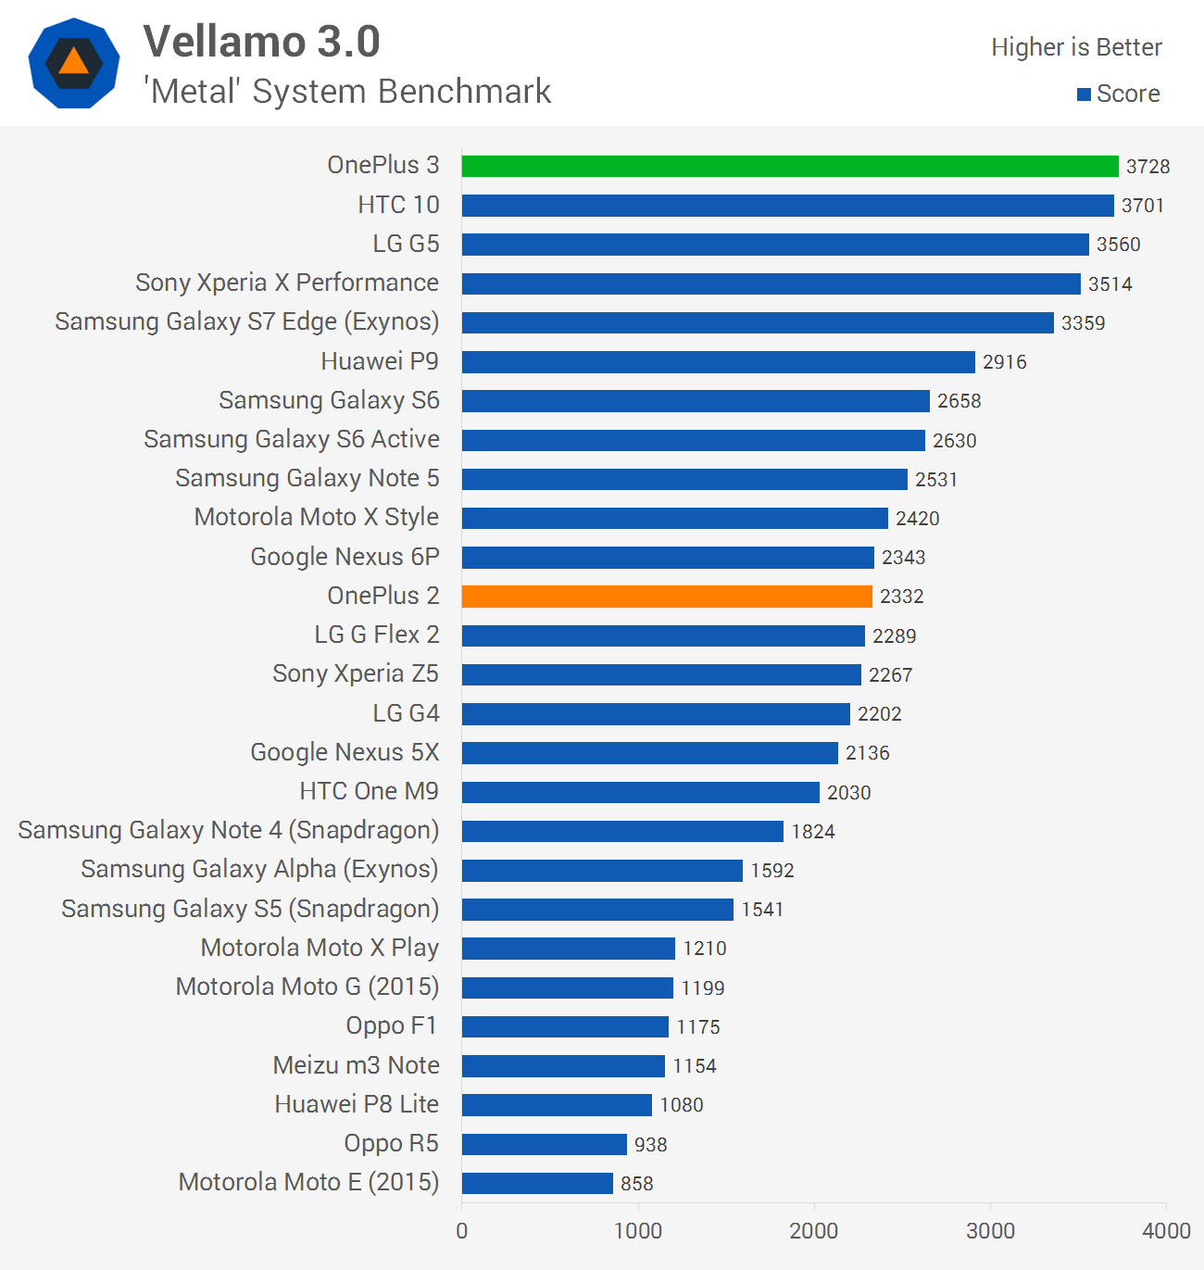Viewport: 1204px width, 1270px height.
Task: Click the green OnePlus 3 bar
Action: tap(790, 167)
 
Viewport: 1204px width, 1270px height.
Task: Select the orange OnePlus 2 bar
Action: tap(667, 597)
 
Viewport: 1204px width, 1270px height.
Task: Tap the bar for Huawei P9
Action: tap(719, 362)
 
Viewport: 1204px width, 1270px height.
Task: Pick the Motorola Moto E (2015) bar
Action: tap(537, 1184)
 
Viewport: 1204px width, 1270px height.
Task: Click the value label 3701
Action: tap(1142, 206)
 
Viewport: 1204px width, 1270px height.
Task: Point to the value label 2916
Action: tap(1004, 362)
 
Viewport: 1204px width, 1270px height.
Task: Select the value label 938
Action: tap(650, 1145)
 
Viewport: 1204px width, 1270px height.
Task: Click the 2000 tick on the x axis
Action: tap(813, 1231)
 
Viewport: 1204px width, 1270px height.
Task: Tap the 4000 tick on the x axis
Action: tap(1166, 1231)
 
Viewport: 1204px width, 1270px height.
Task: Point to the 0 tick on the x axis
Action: tap(462, 1231)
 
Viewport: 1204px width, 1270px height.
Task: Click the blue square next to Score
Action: tap(1084, 94)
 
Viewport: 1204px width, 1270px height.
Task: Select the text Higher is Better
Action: tap(1076, 47)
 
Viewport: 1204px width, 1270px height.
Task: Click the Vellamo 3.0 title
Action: tap(261, 42)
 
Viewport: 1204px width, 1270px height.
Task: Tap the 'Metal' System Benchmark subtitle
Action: tap(347, 92)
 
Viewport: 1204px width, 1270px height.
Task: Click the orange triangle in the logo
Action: tap(74, 62)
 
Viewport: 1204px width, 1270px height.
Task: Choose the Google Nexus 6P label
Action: tap(345, 557)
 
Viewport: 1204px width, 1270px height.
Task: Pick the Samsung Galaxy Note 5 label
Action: tap(307, 479)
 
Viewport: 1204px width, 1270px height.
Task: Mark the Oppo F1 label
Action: tap(391, 1026)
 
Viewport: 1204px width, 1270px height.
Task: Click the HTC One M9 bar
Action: tap(641, 793)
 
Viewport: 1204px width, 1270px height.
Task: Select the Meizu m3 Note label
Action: tap(356, 1065)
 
